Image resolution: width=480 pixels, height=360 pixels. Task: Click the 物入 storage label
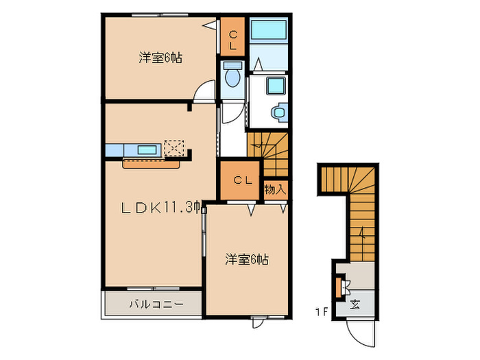[x=275, y=189]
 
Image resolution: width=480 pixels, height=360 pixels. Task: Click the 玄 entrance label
[x=355, y=304]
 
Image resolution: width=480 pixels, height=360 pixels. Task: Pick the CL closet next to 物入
[x=241, y=181]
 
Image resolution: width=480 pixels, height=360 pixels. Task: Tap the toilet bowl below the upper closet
[x=232, y=77]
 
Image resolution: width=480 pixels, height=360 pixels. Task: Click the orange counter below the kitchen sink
[x=151, y=163]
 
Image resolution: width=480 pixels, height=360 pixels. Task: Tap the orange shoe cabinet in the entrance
[x=338, y=286]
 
